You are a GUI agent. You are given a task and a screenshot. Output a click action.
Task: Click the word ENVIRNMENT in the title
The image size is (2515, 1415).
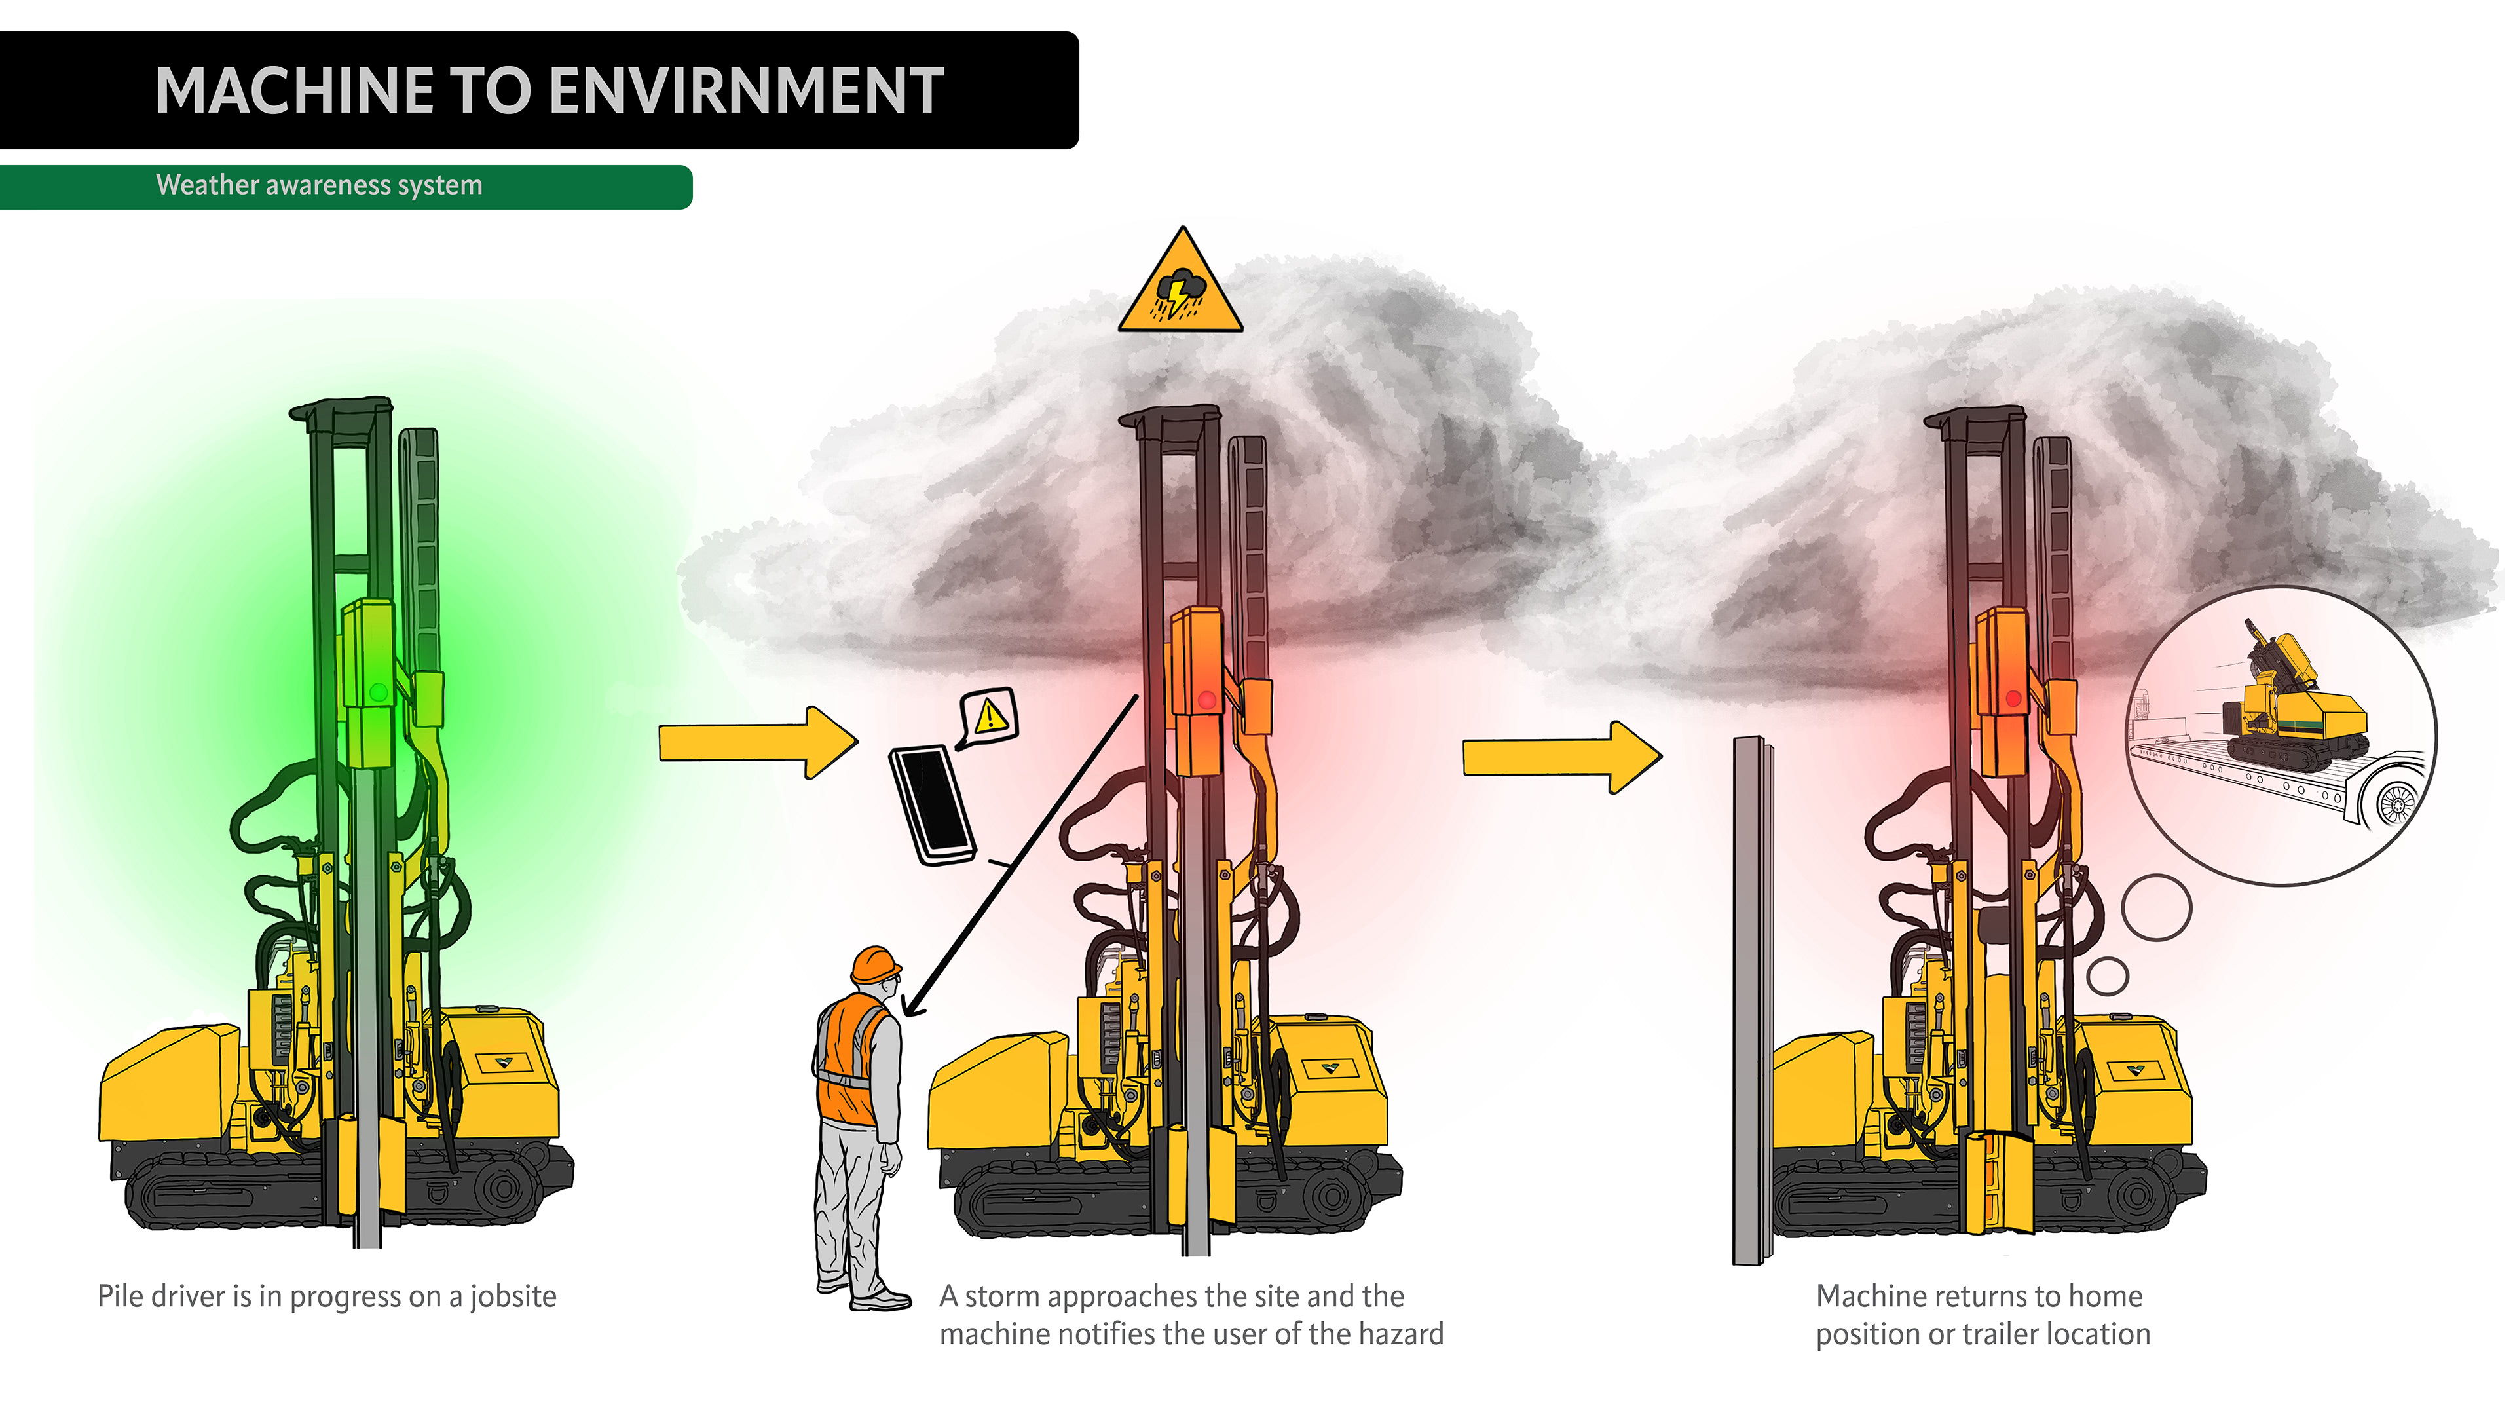746,91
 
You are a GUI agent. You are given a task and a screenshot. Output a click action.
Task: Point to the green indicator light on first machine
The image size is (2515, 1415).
379,692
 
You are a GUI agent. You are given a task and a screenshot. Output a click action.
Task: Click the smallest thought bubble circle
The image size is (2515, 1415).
2107,975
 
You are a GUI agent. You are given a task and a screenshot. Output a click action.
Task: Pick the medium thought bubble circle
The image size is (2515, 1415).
2157,907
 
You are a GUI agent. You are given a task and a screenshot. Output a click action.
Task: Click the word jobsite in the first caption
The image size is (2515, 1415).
513,1297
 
